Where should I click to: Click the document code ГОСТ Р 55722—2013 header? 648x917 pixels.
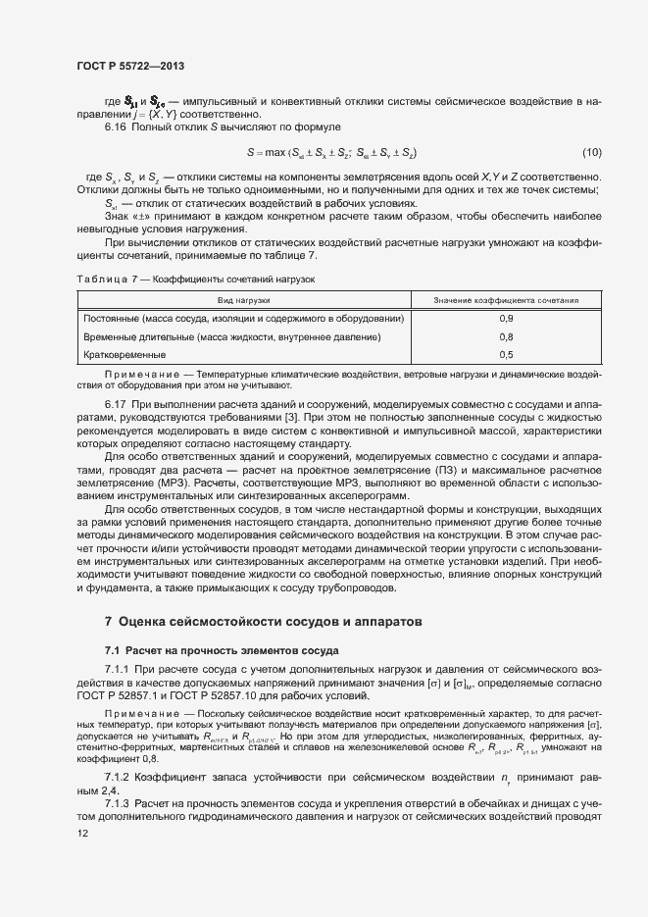coord(130,66)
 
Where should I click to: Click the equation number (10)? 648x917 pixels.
coord(591,152)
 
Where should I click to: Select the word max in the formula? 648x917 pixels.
coord(276,152)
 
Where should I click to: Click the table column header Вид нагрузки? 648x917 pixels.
coord(244,301)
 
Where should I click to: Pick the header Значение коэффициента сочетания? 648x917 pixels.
coord(506,301)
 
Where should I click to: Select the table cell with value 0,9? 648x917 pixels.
coord(506,319)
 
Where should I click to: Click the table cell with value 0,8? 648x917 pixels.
coord(506,336)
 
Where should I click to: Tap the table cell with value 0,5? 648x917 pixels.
coord(506,354)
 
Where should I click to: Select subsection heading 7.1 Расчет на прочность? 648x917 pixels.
coord(222,650)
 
